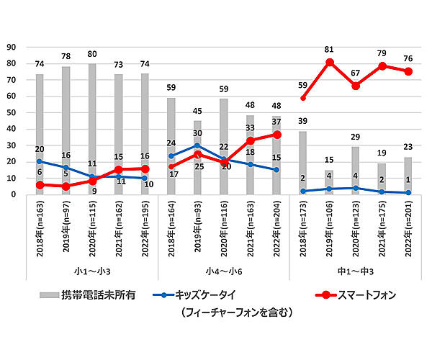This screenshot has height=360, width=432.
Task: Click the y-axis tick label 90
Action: click(x=11, y=47)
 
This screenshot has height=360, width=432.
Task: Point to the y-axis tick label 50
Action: click(x=11, y=112)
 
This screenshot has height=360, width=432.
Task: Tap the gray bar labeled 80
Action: click(x=92, y=130)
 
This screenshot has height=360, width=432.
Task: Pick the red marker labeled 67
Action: click(x=356, y=86)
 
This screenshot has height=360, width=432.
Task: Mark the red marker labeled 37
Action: click(x=276, y=135)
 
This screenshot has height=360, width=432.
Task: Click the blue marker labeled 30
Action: click(x=198, y=145)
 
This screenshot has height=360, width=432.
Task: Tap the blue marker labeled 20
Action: click(x=40, y=161)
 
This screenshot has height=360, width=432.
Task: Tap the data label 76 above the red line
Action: click(x=408, y=59)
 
